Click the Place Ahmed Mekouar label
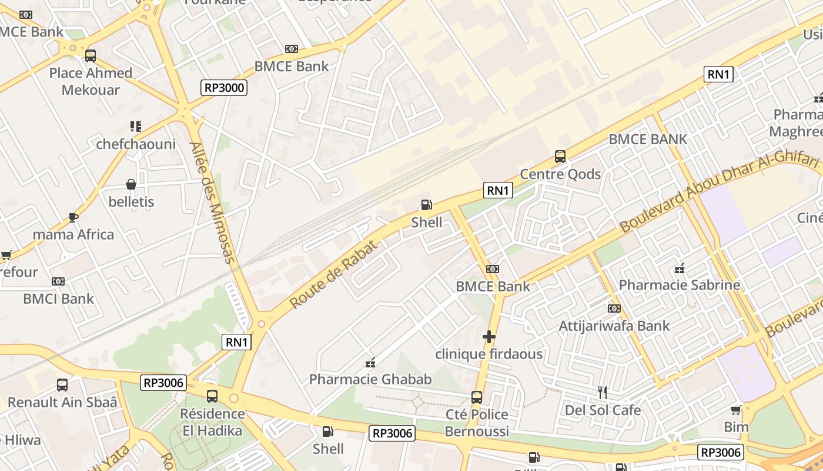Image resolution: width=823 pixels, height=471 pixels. coord(91,81)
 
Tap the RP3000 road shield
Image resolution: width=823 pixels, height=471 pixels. coord(224,88)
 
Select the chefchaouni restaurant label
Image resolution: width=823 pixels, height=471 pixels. coord(136,144)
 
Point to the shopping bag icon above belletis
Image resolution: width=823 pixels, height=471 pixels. coord(131,185)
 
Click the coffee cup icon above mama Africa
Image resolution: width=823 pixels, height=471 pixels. coord(73,217)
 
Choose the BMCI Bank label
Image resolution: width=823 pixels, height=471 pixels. coord(58,298)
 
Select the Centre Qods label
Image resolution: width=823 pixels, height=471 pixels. coord(560,174)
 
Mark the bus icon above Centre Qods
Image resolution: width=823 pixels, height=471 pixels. coord(560,157)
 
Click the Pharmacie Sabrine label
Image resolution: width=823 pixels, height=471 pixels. coord(679,285)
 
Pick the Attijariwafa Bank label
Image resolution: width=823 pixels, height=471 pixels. coord(614,326)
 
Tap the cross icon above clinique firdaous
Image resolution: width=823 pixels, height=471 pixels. coord(489,337)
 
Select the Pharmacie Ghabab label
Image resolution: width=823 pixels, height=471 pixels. coord(370,379)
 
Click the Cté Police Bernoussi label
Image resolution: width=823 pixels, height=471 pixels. coord(476,423)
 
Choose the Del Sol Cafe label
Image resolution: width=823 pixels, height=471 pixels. coord(603,410)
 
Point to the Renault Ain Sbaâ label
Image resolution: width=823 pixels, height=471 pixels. coord(62,403)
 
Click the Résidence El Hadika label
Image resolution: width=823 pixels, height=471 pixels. coord(212,422)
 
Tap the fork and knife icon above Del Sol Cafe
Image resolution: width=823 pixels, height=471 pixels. coord(603,393)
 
